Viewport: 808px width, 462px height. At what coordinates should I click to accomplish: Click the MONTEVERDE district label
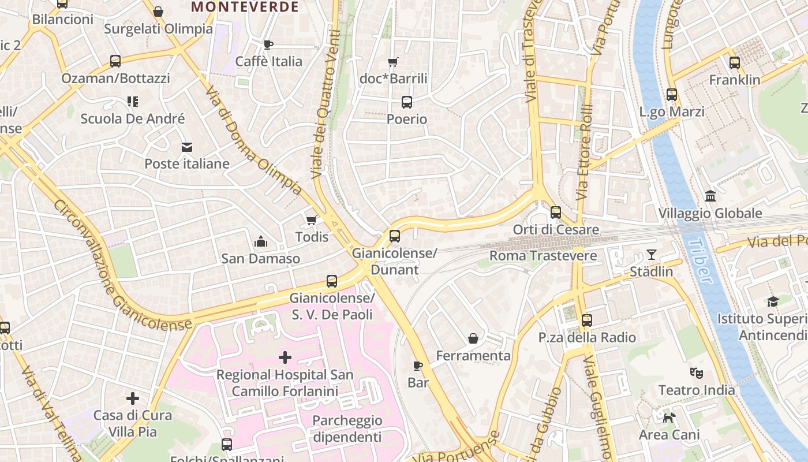(245, 7)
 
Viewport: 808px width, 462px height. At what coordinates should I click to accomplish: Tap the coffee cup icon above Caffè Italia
(268, 44)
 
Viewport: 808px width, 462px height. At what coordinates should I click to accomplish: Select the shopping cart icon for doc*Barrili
(393, 62)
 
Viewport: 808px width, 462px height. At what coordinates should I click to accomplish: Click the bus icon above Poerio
(407, 102)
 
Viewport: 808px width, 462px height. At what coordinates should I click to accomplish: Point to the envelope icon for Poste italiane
(187, 147)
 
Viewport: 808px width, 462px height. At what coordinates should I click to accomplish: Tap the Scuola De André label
(133, 119)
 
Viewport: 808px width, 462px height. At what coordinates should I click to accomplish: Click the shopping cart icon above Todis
(312, 220)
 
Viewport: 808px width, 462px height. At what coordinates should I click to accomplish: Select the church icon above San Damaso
(261, 241)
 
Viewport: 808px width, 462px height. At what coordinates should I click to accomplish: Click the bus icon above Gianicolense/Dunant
(395, 236)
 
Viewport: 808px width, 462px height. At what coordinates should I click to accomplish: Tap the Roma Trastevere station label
(535, 255)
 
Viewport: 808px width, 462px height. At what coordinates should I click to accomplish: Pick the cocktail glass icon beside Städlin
(652, 255)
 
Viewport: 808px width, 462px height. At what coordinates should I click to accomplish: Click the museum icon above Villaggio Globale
(710, 196)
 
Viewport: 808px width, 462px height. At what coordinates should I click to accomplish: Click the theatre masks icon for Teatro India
(697, 373)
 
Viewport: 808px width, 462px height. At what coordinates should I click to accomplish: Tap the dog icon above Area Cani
(669, 418)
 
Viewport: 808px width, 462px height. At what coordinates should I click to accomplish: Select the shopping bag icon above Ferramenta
(473, 338)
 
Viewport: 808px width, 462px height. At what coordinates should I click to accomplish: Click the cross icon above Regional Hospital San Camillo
(285, 357)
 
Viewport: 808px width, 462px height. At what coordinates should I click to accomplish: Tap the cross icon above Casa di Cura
(133, 398)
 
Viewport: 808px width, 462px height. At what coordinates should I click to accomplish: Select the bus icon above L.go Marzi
(672, 95)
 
